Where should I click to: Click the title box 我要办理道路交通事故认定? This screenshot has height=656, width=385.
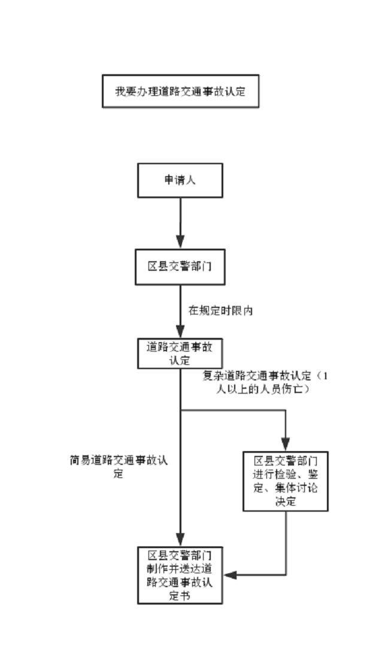(x=180, y=92)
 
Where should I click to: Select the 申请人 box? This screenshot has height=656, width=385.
(x=180, y=180)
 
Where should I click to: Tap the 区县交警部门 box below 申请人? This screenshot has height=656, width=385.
(x=180, y=267)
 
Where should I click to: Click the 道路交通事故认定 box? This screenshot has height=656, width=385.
(x=180, y=353)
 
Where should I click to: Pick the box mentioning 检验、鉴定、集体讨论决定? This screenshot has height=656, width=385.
(x=286, y=481)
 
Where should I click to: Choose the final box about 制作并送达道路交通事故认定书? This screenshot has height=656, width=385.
(x=180, y=575)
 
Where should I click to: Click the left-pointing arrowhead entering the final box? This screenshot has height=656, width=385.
(x=230, y=575)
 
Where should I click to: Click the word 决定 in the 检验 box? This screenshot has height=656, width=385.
(x=286, y=501)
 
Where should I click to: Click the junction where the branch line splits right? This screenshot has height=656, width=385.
(x=180, y=411)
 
